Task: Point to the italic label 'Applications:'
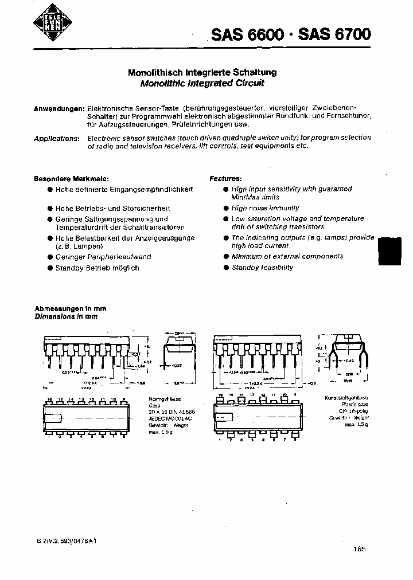click(x=56, y=138)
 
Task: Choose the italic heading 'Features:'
click(x=225, y=179)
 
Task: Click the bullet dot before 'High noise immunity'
click(x=226, y=209)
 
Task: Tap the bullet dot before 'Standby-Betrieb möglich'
click(x=50, y=268)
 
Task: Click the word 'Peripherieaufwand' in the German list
click(x=123, y=257)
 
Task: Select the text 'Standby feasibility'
click(x=262, y=268)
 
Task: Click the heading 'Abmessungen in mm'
click(x=71, y=308)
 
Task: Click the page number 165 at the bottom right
click(x=360, y=549)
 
